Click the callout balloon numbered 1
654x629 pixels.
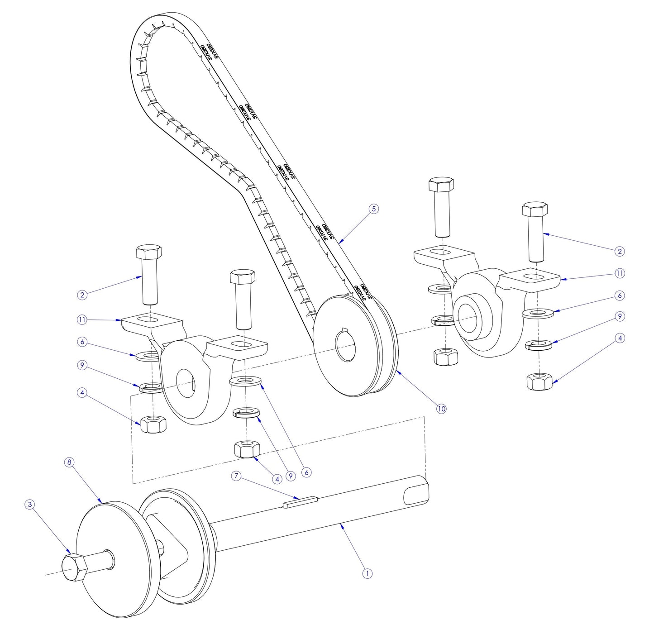(367, 573)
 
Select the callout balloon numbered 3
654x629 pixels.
(29, 505)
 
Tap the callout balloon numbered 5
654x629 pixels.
(373, 209)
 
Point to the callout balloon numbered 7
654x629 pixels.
(236, 476)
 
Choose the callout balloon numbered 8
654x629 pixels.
(69, 462)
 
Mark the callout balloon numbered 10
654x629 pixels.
(441, 409)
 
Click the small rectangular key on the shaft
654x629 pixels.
(300, 501)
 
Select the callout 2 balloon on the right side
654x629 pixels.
(620, 251)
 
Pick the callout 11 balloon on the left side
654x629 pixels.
(82, 320)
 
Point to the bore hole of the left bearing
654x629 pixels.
(185, 383)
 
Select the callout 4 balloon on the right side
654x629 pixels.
(620, 338)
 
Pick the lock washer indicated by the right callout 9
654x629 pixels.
(538, 346)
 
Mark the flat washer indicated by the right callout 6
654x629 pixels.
(538, 313)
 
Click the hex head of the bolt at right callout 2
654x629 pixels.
(535, 209)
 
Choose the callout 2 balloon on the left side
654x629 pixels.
(82, 295)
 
